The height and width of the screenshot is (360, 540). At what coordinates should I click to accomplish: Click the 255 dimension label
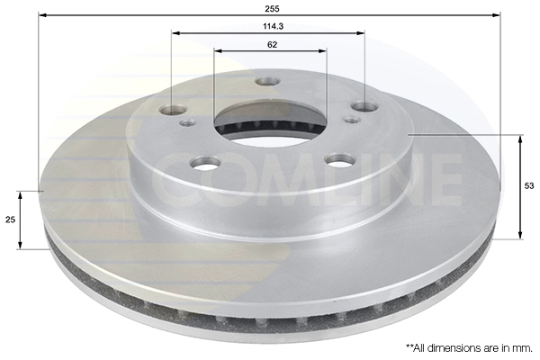(x=272, y=9)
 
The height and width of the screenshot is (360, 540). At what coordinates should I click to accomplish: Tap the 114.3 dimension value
(x=273, y=26)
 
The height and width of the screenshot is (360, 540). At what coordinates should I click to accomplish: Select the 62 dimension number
(x=272, y=45)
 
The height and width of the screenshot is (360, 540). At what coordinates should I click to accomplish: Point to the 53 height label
(x=529, y=186)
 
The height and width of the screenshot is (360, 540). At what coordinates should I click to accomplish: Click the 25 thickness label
(x=10, y=220)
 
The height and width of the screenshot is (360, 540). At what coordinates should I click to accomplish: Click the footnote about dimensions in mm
(x=469, y=348)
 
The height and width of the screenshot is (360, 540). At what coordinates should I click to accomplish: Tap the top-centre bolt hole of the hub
(x=267, y=82)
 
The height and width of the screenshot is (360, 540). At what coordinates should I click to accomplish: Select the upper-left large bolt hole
(x=173, y=110)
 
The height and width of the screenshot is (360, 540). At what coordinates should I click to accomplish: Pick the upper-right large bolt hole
(x=364, y=106)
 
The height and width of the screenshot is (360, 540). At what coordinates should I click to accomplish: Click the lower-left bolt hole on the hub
(x=206, y=162)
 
